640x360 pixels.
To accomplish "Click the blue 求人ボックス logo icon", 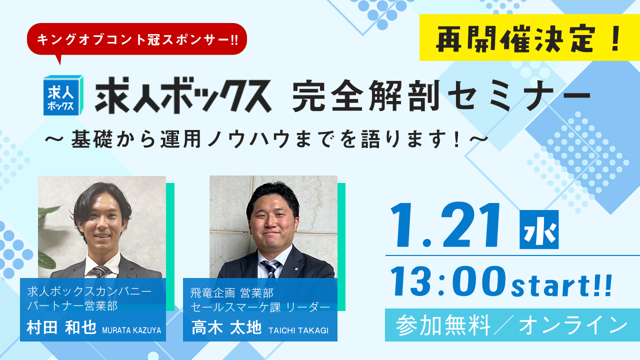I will coord(62,95).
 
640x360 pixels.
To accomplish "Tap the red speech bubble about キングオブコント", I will coord(137,39).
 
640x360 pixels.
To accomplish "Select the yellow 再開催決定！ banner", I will coord(529,38).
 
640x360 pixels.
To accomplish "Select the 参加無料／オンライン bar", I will coord(512,325).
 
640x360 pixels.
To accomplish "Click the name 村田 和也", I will coord(62,327).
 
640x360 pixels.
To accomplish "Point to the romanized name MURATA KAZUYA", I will coord(131,330).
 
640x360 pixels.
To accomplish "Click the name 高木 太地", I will coord(226,328).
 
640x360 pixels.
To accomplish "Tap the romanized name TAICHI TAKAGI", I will coord(298,330).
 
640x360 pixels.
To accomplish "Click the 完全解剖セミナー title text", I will coord(440,96).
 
